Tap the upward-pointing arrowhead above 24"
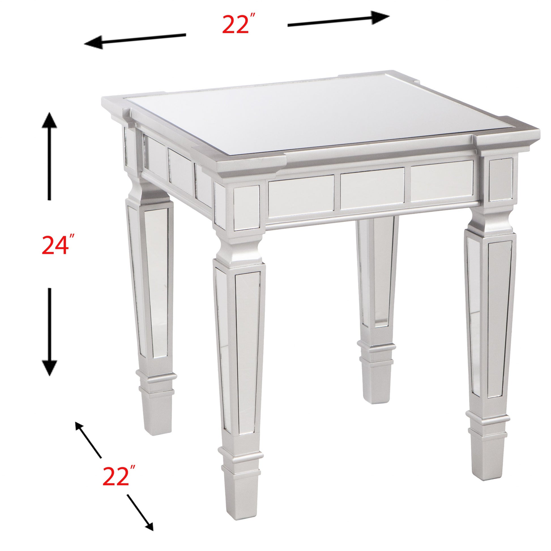(x=50, y=121)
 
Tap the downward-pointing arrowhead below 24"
(x=50, y=367)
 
